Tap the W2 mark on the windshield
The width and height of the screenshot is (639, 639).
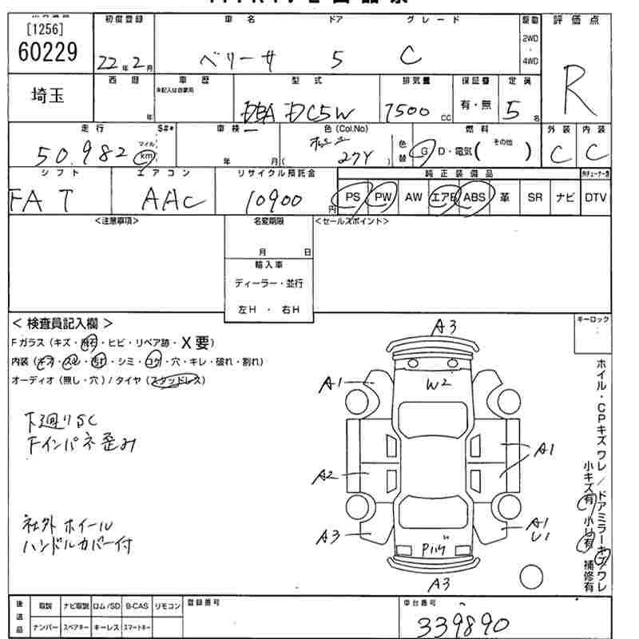coord(438,384)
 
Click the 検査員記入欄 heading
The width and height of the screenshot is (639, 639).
coord(62,323)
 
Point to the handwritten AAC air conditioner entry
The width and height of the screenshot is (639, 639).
coord(165,200)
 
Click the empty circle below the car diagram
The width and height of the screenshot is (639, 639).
coord(530,575)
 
